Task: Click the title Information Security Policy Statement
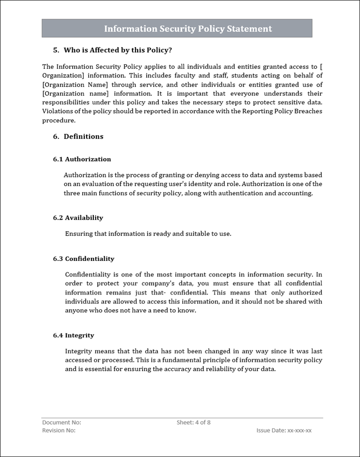pyautogui.click(x=188, y=29)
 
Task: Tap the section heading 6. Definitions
pyautogui.click(x=78, y=136)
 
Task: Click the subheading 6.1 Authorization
pyautogui.click(x=82, y=159)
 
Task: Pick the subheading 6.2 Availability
pyautogui.click(x=78, y=218)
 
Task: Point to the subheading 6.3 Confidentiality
pyautogui.click(x=84, y=259)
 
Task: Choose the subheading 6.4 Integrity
pyautogui.click(x=73, y=335)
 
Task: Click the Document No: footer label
pyautogui.click(x=62, y=422)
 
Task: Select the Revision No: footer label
pyautogui.click(x=59, y=430)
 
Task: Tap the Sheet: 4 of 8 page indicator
pyautogui.click(x=193, y=422)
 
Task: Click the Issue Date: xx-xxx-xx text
pyautogui.click(x=284, y=430)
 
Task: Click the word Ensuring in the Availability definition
pyautogui.click(x=79, y=234)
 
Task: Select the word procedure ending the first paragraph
pyautogui.click(x=59, y=120)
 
